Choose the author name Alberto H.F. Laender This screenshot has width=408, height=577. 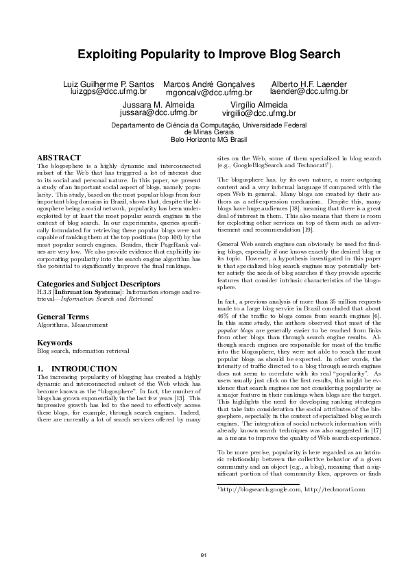click(x=300, y=83)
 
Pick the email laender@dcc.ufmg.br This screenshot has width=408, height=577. click(x=300, y=90)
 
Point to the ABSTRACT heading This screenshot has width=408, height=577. click(x=58, y=158)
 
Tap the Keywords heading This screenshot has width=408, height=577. click(x=54, y=342)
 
